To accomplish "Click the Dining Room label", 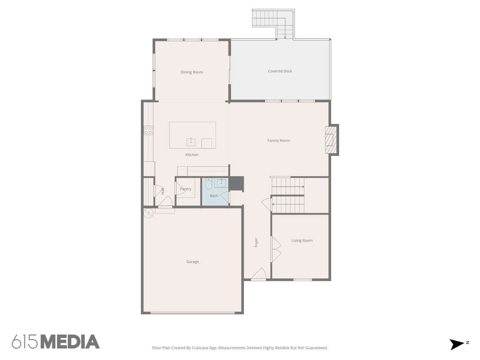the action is (192, 72).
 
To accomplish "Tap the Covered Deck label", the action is (280, 71).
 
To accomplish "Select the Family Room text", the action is (278, 140).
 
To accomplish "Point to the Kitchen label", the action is (192, 155).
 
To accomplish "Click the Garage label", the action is (192, 262).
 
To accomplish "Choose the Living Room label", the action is (302, 240).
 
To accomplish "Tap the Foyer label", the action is (256, 243).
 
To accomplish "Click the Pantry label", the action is (186, 189).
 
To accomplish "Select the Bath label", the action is (214, 196).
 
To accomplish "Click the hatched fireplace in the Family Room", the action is (330, 140).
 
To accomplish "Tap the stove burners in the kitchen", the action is (148, 130).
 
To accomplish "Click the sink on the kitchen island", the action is (191, 142).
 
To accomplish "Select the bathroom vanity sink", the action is (221, 183).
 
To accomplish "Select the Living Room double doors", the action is (276, 249).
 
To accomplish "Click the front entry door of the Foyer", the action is (258, 274).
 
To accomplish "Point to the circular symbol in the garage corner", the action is (148, 213).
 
